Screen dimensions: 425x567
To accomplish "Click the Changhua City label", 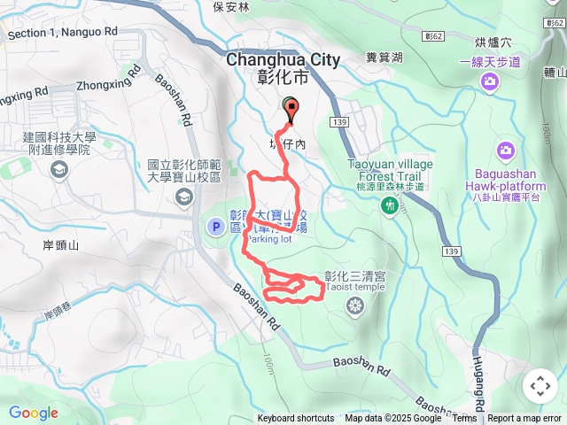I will (x=283, y=60).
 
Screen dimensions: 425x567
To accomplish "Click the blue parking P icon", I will (x=215, y=228).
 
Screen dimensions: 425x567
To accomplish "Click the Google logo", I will (x=34, y=413).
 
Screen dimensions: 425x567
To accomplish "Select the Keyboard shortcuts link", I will (x=295, y=419).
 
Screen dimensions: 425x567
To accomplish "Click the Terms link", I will (x=464, y=419).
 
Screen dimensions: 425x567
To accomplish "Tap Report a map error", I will (x=524, y=419).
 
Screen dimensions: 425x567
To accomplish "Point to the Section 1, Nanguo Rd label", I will (x=62, y=33).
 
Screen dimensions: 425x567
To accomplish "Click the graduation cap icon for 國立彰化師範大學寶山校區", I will (x=183, y=197).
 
